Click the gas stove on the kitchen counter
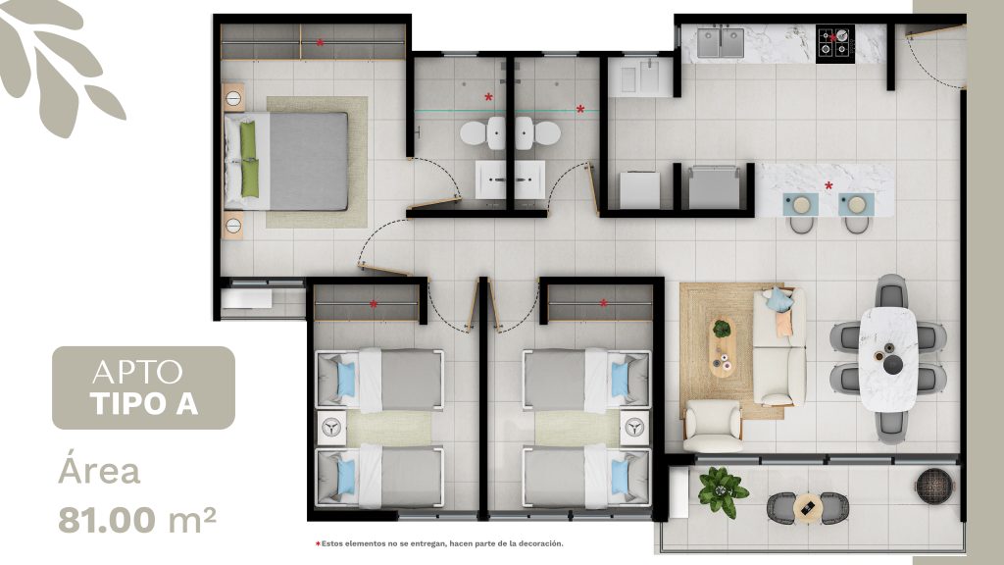pyautogui.click(x=835, y=43)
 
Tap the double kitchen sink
pyautogui.click(x=721, y=43)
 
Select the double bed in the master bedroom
pyautogui.click(x=286, y=162)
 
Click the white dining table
pyautogui.click(x=888, y=359)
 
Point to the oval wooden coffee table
pyautogui.click(x=724, y=346)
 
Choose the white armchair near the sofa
pyautogui.click(x=713, y=426)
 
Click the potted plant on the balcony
pyautogui.click(x=722, y=490)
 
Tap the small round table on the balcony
pyautogui.click(x=808, y=508)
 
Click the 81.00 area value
pyautogui.click(x=107, y=520)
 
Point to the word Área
pyautogui.click(x=99, y=472)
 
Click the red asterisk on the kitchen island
pyautogui.click(x=828, y=185)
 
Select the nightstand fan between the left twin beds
pyautogui.click(x=331, y=428)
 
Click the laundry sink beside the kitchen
pyautogui.click(x=640, y=77)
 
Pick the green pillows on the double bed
pyautogui.click(x=248, y=159)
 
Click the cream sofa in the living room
pyautogui.click(x=779, y=346)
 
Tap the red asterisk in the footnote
pyautogui.click(x=318, y=543)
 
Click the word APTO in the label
pyautogui.click(x=137, y=372)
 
